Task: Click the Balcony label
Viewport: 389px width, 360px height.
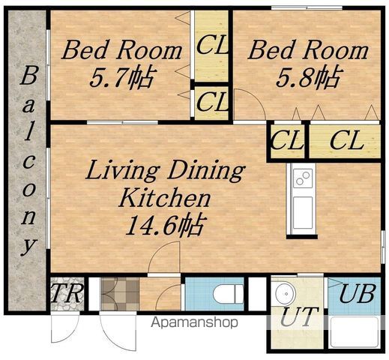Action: pos(28,162)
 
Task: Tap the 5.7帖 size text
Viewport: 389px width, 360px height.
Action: pos(121,77)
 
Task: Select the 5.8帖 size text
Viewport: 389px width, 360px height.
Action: pos(308,76)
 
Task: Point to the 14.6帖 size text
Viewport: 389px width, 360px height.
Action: pos(166,225)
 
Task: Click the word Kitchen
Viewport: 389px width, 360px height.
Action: pos(165,197)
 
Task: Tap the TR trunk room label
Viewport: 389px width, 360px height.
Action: pos(67,293)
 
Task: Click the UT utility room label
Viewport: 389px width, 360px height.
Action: pos(299,316)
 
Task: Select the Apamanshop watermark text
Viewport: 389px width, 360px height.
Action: pos(194,322)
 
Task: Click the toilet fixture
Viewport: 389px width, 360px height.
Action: pos(229,294)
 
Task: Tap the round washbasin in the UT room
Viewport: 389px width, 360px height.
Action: pos(286,293)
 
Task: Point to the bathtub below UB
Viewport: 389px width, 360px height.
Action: pos(355,331)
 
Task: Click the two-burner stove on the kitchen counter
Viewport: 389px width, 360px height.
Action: pos(303,178)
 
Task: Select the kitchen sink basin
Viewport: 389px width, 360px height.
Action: pos(303,213)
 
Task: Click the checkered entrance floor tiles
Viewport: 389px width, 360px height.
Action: pos(120,294)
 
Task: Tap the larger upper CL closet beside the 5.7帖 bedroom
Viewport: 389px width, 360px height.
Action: pos(211,46)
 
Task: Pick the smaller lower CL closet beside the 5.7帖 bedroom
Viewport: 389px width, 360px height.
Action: pos(211,103)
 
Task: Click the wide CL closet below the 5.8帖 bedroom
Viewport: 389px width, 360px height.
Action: pos(345,142)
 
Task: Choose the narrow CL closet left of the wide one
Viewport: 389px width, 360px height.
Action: pos(288,142)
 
